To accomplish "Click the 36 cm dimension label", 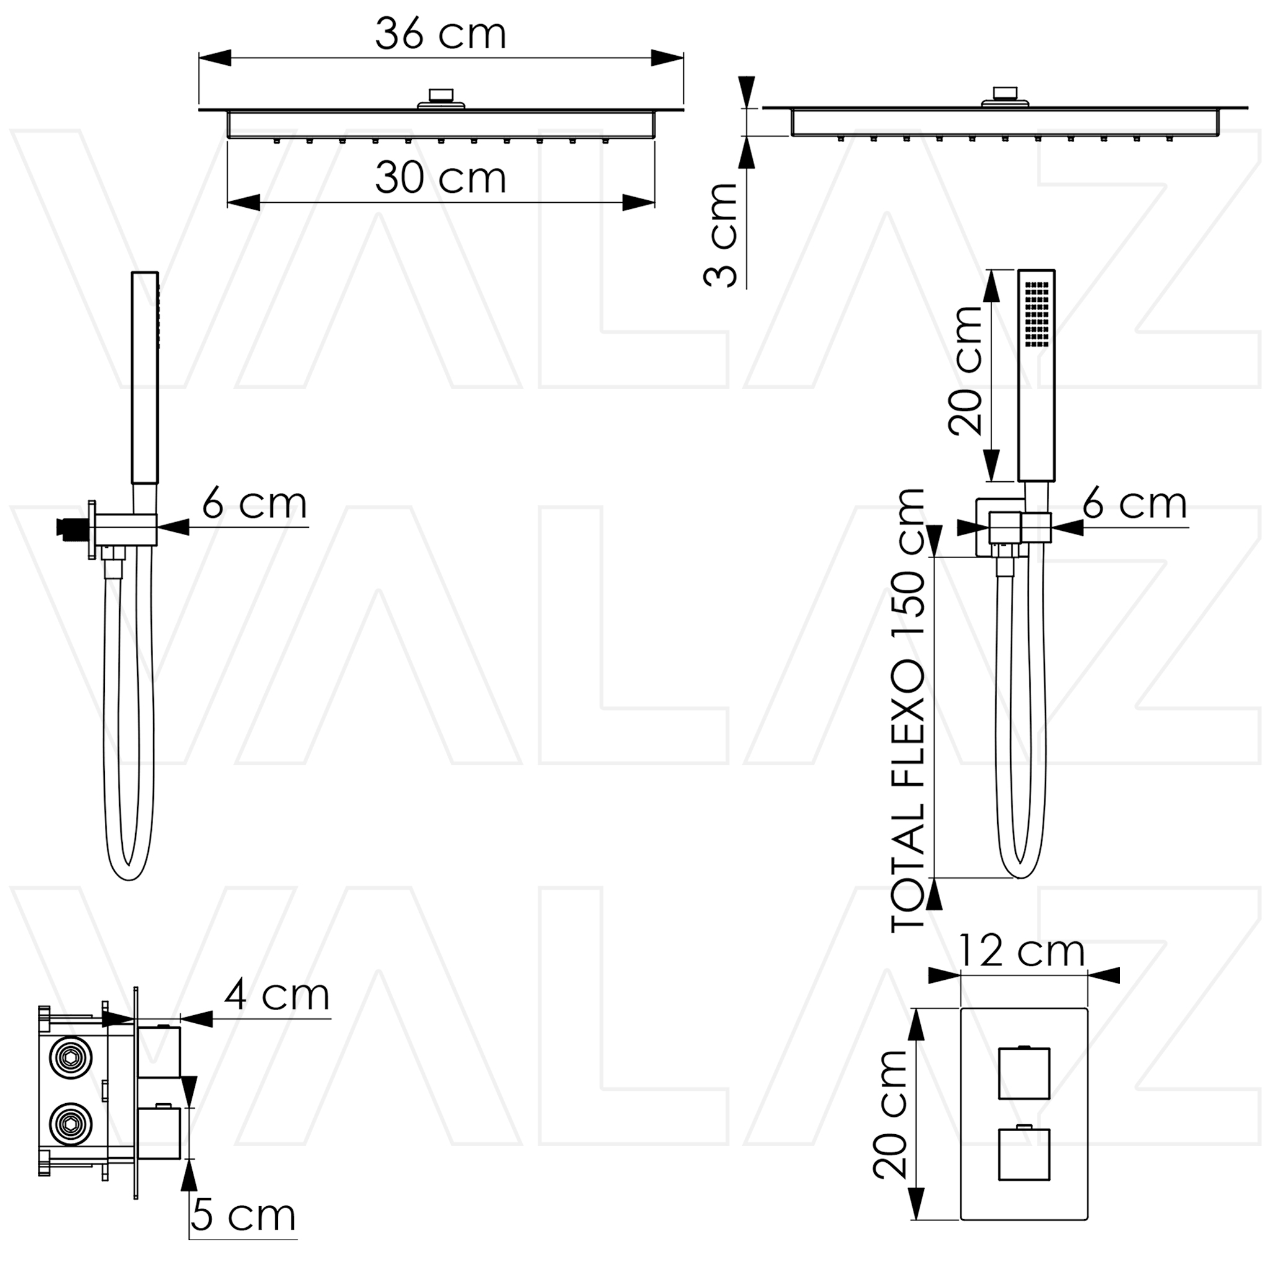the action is pyautogui.click(x=440, y=33).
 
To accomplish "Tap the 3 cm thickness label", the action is pyautogui.click(x=721, y=235).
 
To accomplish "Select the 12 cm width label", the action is pyautogui.click(x=1021, y=951).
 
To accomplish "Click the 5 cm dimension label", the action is pyautogui.click(x=243, y=1215).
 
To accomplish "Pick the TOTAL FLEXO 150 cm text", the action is pyautogui.click(x=907, y=710).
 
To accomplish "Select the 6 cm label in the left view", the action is pyautogui.click(x=254, y=504).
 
